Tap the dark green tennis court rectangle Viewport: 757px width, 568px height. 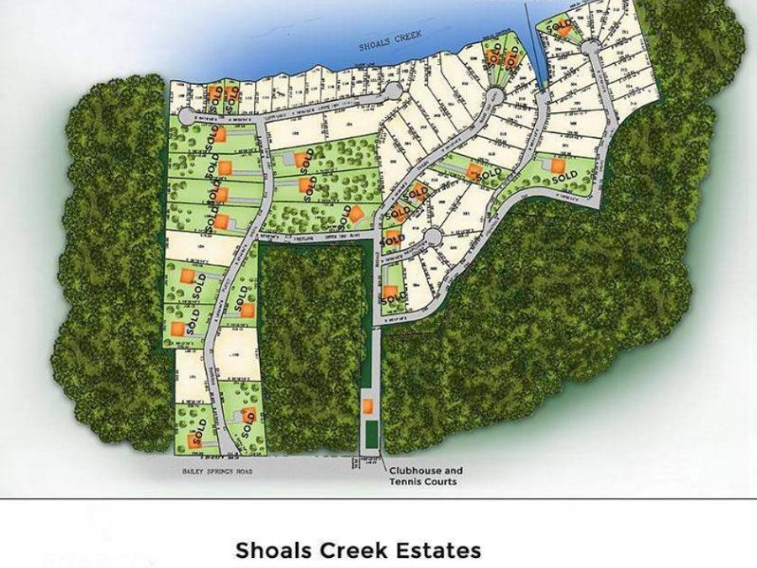[370, 436]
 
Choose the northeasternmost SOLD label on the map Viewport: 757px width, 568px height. [559, 26]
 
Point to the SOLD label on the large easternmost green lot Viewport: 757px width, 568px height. [564, 176]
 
